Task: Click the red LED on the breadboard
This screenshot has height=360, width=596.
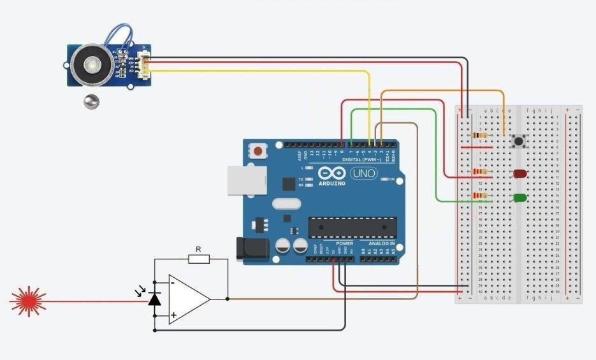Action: point(520,173)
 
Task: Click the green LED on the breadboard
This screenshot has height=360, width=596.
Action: point(520,198)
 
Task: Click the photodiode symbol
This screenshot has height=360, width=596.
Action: point(154,298)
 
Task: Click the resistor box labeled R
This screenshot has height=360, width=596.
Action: point(198,259)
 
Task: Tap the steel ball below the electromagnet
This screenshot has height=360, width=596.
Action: point(91,101)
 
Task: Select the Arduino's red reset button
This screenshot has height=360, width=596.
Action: point(258,152)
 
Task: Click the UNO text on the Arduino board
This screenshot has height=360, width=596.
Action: point(363,173)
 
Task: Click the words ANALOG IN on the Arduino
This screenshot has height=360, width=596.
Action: point(381,244)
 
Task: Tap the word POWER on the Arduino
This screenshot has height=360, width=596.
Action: point(344,244)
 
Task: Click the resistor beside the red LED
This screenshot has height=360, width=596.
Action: point(479,171)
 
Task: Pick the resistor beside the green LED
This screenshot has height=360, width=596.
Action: point(479,196)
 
